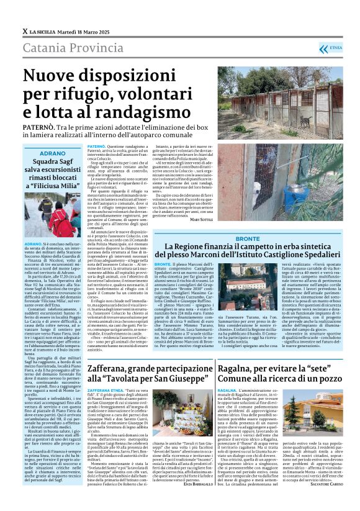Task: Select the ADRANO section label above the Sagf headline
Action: (52, 152)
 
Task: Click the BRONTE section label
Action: (248, 238)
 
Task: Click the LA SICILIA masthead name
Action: (45, 31)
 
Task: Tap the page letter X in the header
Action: (24, 31)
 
